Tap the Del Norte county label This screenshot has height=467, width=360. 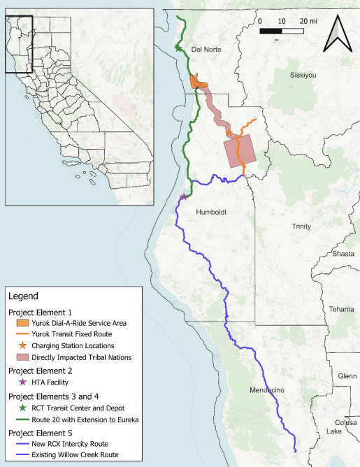(x=206, y=49)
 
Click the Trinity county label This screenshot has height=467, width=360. (x=302, y=226)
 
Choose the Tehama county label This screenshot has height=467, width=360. (x=342, y=309)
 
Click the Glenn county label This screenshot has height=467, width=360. (x=346, y=376)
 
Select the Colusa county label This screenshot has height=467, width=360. (x=345, y=422)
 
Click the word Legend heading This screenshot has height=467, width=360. (x=24, y=296)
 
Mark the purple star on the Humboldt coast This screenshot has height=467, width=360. (x=184, y=197)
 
